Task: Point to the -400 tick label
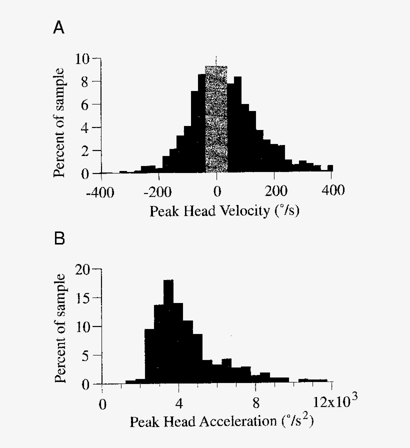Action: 101,191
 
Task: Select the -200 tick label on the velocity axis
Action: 158,191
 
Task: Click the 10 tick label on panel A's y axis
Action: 83,59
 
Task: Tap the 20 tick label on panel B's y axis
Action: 83,269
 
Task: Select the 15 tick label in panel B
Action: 83,298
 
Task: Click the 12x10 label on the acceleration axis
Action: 334,401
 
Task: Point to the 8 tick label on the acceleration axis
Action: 256,403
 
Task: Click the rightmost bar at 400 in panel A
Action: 330,168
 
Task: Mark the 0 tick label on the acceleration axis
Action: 102,403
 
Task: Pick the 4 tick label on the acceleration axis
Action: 179,403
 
